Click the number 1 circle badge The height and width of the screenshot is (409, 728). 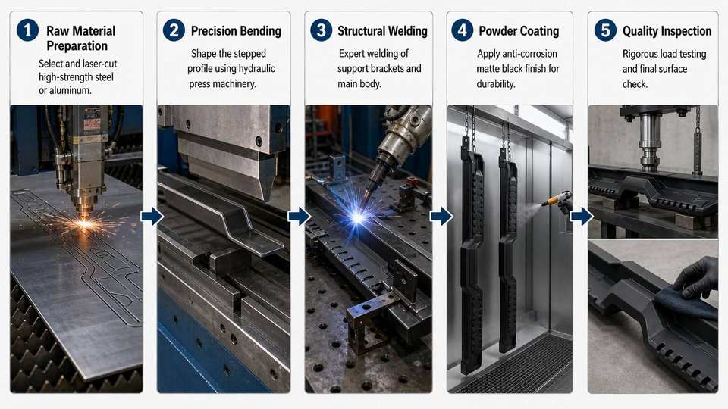[27, 30]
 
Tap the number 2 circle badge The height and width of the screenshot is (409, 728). [174, 30]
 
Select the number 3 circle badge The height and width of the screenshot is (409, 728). [322, 30]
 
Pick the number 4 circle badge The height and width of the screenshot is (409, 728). [463, 30]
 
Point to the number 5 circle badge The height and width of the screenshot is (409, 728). [605, 30]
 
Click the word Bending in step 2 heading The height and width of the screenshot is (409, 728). [259, 32]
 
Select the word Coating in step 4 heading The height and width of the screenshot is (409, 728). [537, 32]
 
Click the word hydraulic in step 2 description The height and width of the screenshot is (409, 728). [253, 69]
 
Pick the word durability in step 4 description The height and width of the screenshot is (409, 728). [496, 84]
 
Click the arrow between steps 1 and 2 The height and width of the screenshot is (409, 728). [152, 217]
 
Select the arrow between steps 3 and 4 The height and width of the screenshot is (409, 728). [441, 217]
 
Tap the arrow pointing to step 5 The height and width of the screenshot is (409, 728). [582, 217]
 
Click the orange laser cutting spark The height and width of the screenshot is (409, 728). [84, 224]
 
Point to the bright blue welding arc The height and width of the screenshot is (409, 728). [357, 217]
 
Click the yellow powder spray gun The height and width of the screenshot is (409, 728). [557, 199]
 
